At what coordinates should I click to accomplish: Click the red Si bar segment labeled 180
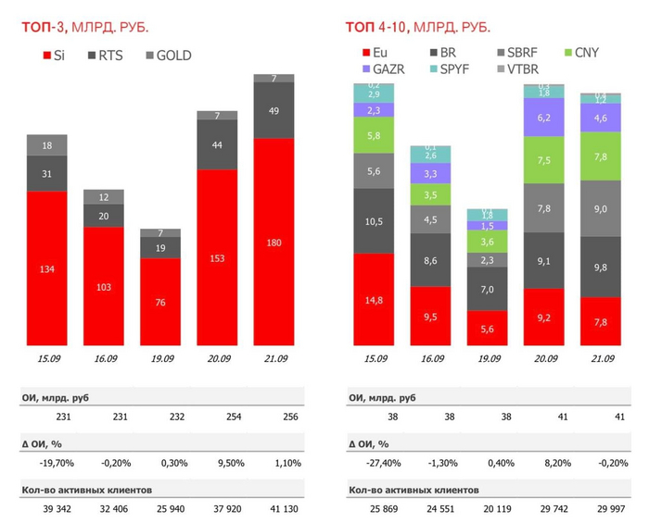(274, 243)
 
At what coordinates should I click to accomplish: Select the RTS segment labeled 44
(217, 145)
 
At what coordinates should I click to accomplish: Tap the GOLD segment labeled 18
(46, 145)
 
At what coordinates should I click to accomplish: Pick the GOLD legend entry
(166, 56)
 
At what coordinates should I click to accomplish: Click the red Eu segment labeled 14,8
(374, 299)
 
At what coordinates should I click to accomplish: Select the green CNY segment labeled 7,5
(544, 159)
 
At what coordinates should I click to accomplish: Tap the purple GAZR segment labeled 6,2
(544, 118)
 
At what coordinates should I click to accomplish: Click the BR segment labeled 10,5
(374, 220)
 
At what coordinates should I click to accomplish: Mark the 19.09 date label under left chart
(160, 358)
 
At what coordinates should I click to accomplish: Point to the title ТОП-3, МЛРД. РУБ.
(86, 26)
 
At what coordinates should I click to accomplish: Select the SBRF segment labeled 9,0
(601, 208)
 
